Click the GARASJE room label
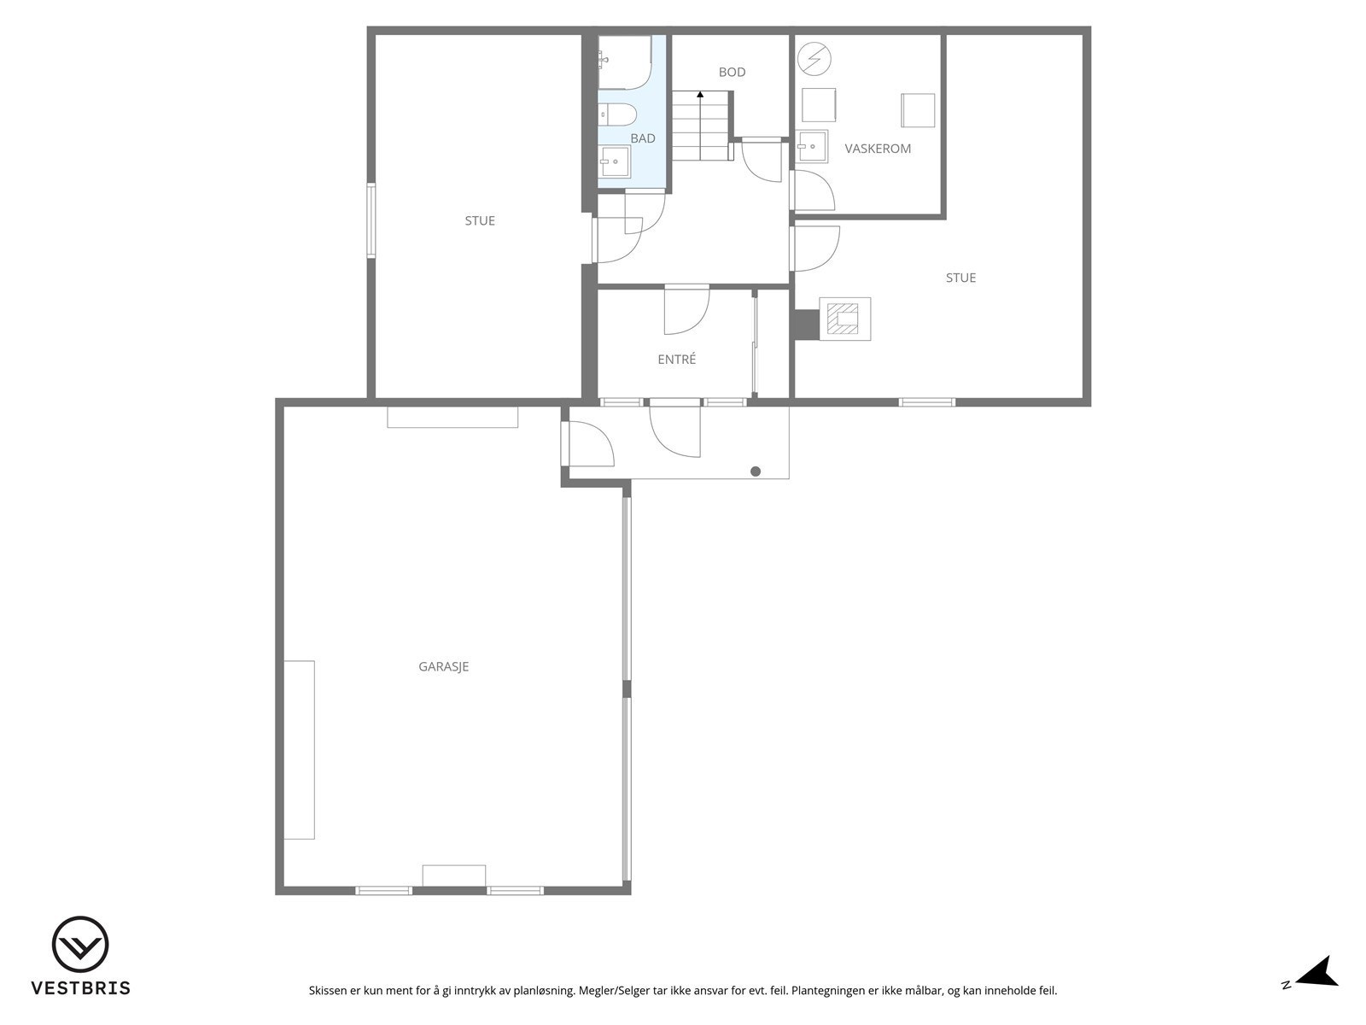pos(443,667)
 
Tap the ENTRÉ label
pos(676,360)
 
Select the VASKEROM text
pos(878,149)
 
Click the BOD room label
pos(732,73)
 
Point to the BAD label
pos(643,138)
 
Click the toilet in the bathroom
pos(616,114)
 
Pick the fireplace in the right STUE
pos(844,319)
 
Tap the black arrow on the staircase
pos(700,94)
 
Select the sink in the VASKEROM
pos(812,146)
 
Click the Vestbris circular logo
pos(80,946)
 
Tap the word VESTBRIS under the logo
pos(80,988)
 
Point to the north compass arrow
pos(1318,972)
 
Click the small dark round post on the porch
pos(756,471)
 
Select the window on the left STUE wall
pos(371,220)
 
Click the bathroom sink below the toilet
pos(615,160)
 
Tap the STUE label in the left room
pos(480,221)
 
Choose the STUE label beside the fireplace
pos(960,278)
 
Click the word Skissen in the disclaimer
pos(329,992)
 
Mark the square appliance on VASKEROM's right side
pos(918,110)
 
